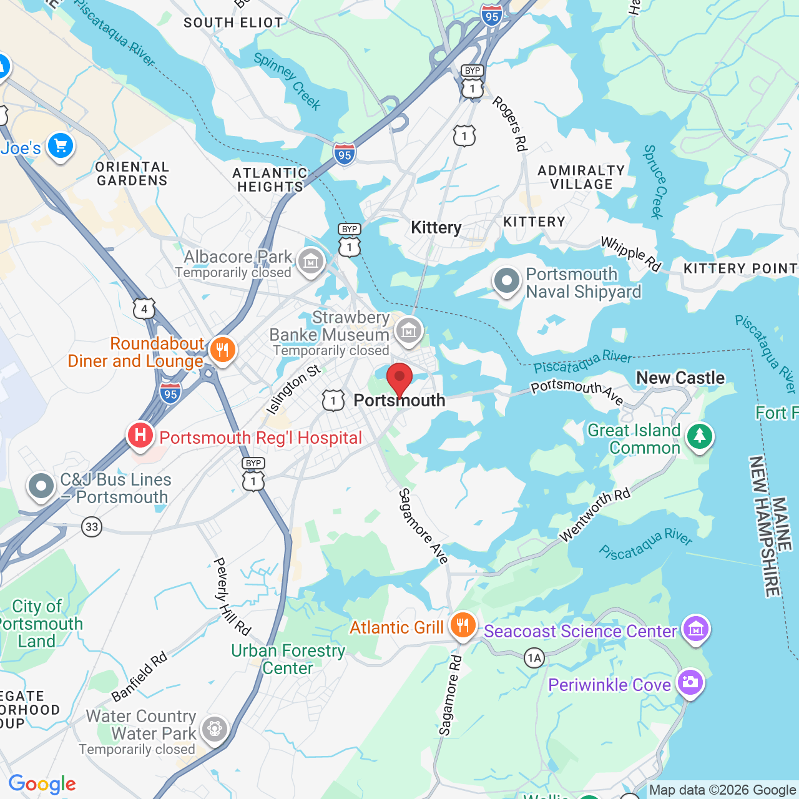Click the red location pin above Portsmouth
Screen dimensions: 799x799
pos(399,378)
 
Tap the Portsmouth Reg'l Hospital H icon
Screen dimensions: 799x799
pos(140,435)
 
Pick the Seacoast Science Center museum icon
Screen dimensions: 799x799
pos(695,629)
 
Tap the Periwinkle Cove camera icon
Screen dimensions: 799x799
pos(690,682)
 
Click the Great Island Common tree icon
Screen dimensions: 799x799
pos(699,436)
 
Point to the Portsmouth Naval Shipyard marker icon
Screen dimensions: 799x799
pos(507,281)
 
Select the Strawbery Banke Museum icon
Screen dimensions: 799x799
pos(409,330)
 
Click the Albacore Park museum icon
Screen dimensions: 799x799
pos(310,261)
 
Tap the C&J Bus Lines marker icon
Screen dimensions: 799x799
pos(42,486)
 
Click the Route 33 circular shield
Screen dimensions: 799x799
pos(92,527)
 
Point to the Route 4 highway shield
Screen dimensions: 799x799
pos(144,308)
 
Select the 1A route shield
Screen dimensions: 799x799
pos(534,658)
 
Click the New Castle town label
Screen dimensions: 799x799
pos(680,378)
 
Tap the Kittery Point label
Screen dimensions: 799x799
pos(740,268)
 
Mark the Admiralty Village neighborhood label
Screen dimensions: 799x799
pos(581,177)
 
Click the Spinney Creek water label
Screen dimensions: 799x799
pos(288,81)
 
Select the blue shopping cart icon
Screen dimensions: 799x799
pos(61,146)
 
